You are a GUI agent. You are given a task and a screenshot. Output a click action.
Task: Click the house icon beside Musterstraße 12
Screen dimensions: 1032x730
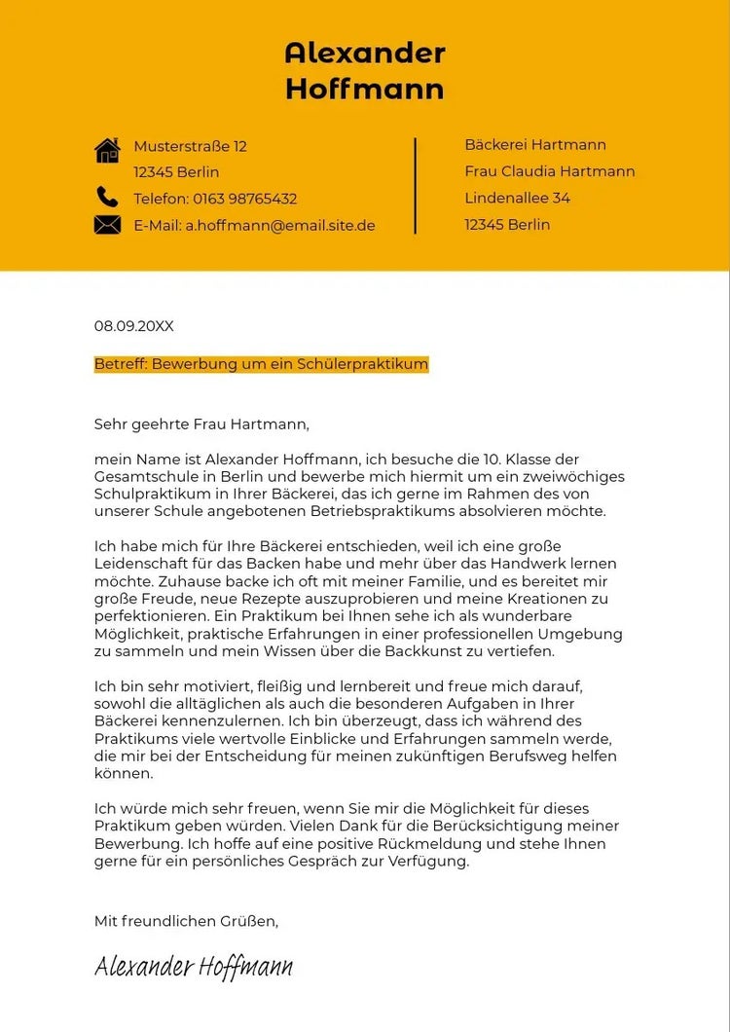(x=107, y=150)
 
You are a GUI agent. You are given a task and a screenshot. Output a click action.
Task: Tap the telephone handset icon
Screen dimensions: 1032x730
(x=107, y=198)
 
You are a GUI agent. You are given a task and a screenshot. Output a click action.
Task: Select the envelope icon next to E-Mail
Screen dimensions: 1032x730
(x=107, y=225)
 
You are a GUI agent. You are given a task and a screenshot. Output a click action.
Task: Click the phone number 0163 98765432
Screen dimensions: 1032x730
(x=244, y=199)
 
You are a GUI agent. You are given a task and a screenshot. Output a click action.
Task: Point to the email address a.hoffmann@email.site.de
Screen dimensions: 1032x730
(x=280, y=226)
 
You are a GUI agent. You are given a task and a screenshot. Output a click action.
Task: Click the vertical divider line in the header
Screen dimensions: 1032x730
(x=416, y=185)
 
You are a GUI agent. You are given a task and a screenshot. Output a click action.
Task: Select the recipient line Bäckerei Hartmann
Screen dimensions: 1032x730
(x=535, y=145)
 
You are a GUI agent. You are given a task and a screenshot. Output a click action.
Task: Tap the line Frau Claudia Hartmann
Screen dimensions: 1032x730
(x=550, y=171)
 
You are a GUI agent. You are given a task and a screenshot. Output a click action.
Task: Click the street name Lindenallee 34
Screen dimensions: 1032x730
(x=518, y=198)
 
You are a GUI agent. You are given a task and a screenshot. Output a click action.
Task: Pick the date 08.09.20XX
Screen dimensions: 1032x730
(x=133, y=326)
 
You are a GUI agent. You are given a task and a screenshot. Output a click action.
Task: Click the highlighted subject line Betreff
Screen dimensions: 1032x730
(x=261, y=364)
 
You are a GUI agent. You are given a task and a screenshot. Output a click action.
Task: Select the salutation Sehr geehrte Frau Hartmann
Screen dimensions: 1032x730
(x=201, y=424)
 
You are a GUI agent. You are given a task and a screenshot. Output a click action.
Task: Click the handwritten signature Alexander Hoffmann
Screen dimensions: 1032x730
(x=194, y=966)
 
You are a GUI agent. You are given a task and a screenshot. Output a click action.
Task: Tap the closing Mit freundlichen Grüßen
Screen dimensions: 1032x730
(x=186, y=920)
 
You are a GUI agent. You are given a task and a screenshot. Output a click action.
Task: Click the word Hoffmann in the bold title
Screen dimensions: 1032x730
(x=365, y=90)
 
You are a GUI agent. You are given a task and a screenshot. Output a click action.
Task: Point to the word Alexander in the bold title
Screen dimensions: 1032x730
(x=365, y=53)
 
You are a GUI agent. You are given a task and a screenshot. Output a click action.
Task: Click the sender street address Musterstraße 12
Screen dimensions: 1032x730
(x=190, y=146)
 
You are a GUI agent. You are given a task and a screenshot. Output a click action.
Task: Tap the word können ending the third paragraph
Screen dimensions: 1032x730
(x=124, y=774)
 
